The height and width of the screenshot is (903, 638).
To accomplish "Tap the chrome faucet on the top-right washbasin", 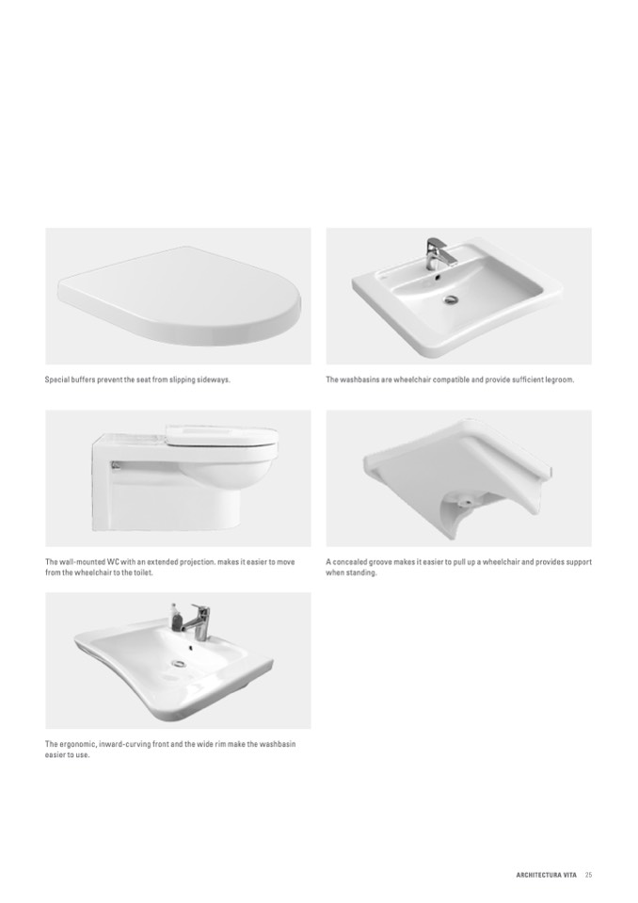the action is click(436, 253).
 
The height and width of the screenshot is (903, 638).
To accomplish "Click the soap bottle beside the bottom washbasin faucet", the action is click(175, 616).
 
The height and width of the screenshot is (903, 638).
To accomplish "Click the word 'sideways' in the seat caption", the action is click(213, 380).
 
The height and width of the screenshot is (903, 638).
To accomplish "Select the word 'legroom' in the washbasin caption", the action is click(559, 380).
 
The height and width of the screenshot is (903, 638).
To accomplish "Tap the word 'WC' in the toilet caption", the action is click(113, 562).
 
